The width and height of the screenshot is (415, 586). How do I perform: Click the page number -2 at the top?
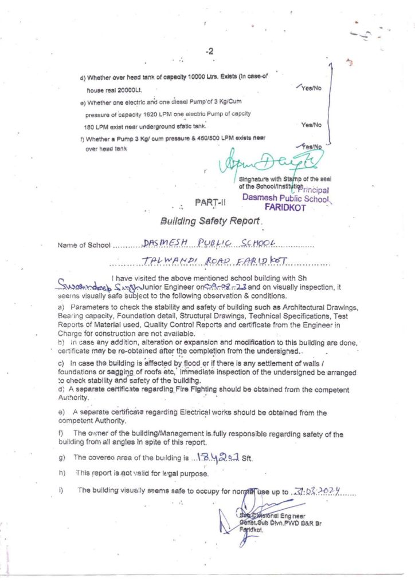point(210,52)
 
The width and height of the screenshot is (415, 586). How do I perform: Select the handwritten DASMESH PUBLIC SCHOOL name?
point(210,243)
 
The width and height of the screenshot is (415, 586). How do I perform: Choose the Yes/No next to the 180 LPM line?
point(311,124)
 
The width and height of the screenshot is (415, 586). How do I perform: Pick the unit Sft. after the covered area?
point(247,458)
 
